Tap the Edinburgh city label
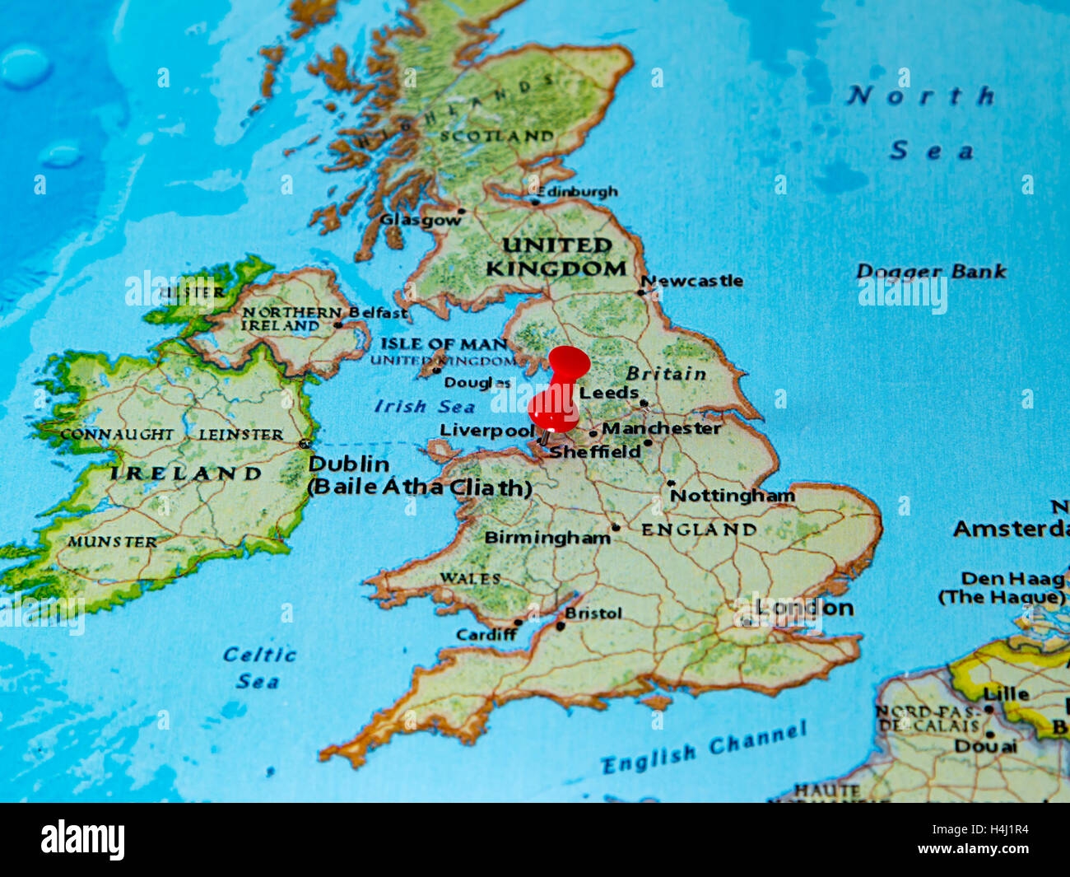pyautogui.click(x=578, y=191)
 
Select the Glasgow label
pyautogui.click(x=420, y=220)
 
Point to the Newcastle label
pyautogui.click(x=693, y=281)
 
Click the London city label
pyautogui.click(x=804, y=608)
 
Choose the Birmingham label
pyautogui.click(x=547, y=538)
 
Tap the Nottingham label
pyautogui.click(x=733, y=495)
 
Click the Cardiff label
pyautogui.click(x=486, y=634)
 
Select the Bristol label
pyautogui.click(x=593, y=613)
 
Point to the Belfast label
pyautogui.click(x=378, y=313)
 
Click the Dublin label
pyautogui.click(x=349, y=464)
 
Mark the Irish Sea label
pyautogui.click(x=425, y=406)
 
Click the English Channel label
pyautogui.click(x=705, y=749)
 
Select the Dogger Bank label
pyautogui.click(x=931, y=271)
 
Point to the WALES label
pyautogui.click(x=470, y=578)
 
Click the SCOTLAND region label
pyautogui.click(x=496, y=136)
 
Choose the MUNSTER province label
pyautogui.click(x=112, y=542)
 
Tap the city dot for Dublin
pyautogui.click(x=305, y=444)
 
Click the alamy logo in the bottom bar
pyautogui.click(x=83, y=839)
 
